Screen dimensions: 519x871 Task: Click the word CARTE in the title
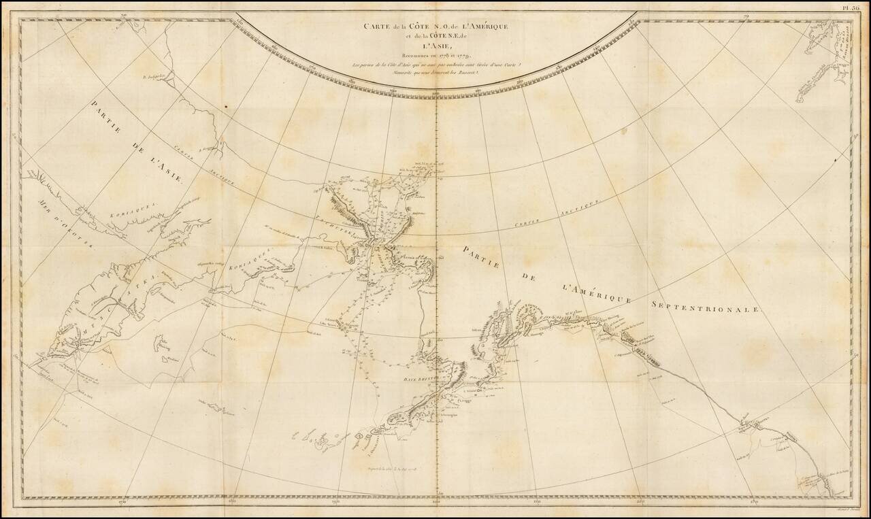tap(373, 26)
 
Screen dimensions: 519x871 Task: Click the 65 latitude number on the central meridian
tap(440, 257)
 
